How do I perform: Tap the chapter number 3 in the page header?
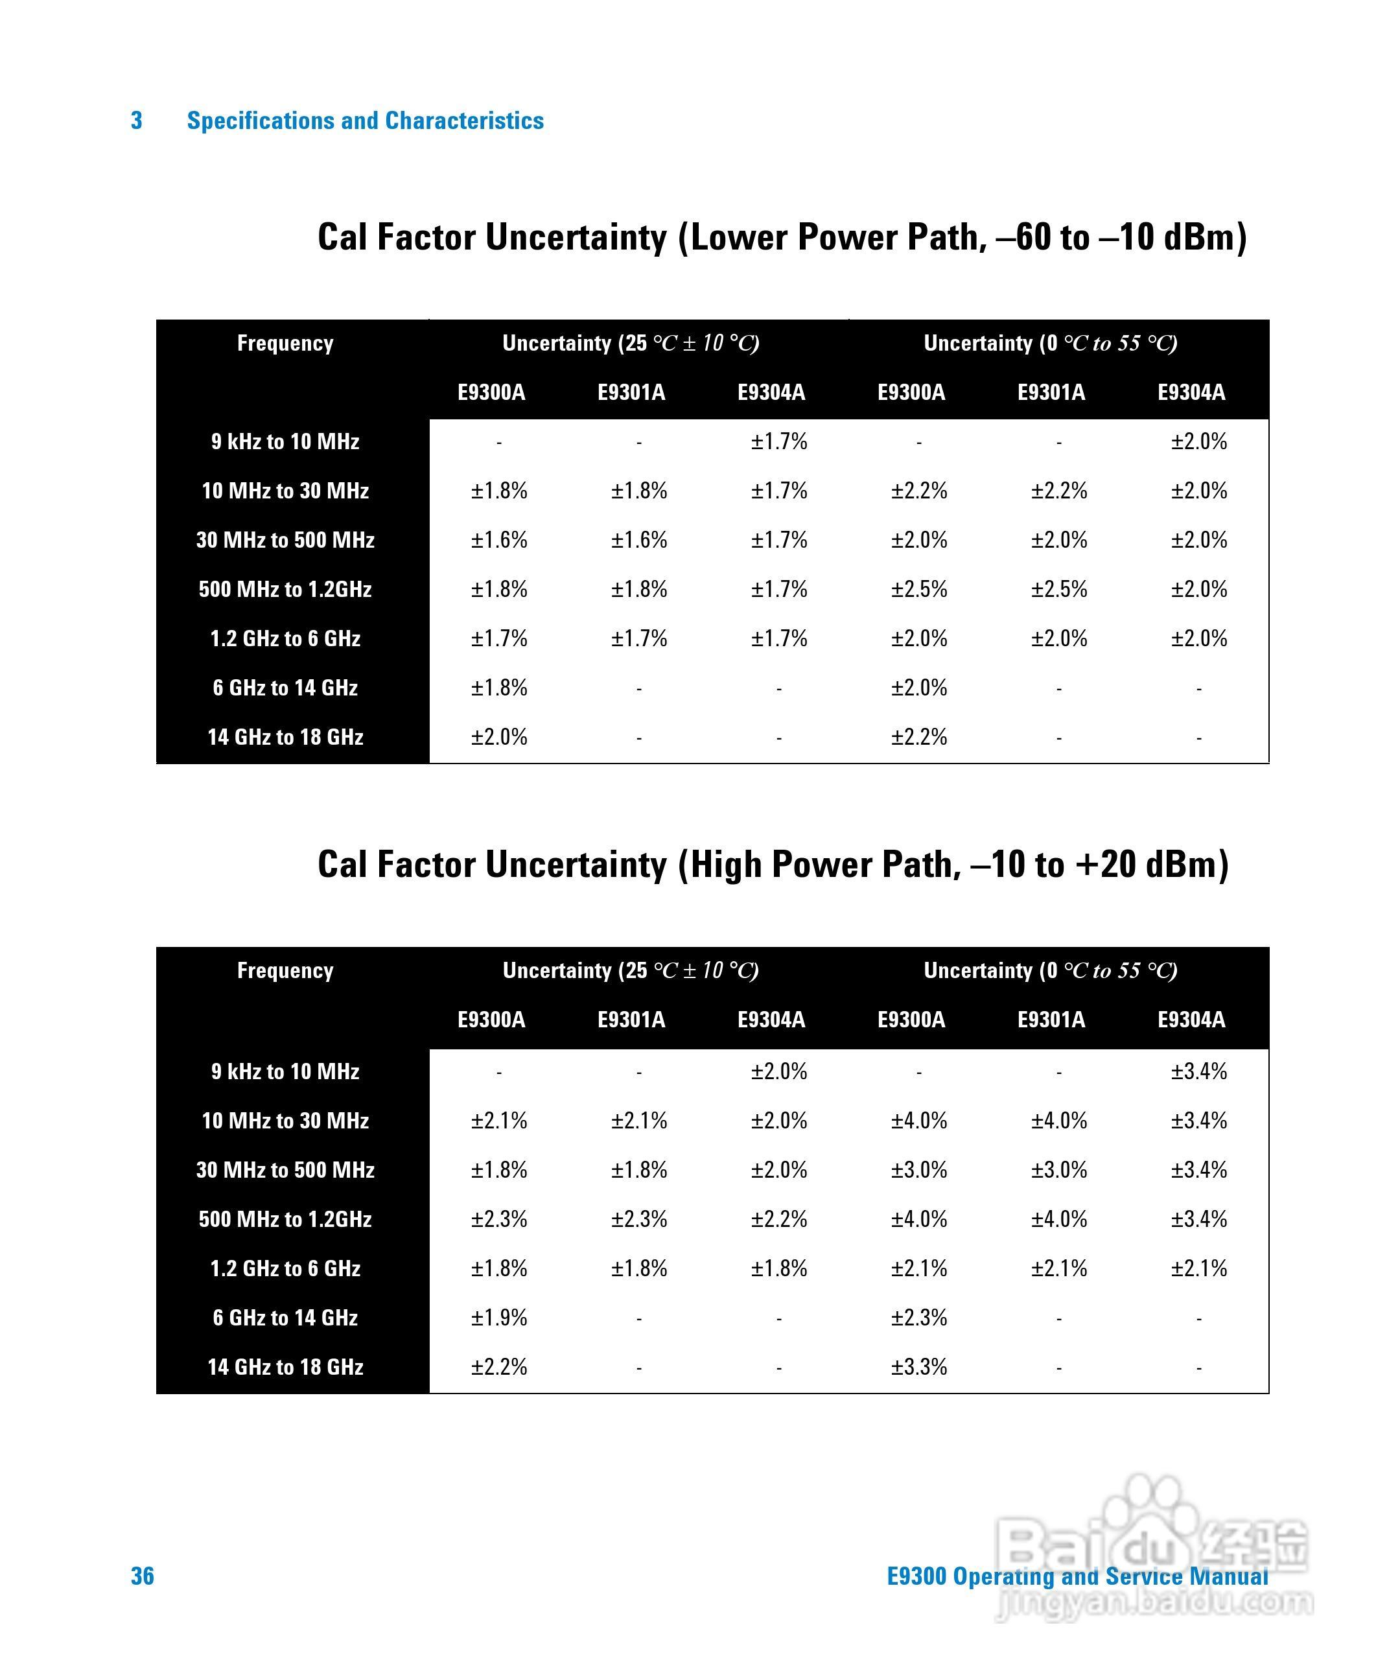(137, 120)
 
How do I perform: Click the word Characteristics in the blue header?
(464, 120)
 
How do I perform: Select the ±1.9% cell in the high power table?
(498, 1317)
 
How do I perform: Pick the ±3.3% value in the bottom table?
(918, 1366)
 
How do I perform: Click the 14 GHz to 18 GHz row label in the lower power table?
(286, 737)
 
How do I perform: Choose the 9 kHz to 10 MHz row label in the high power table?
(286, 1071)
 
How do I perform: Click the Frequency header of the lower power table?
(286, 344)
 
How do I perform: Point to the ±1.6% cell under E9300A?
(498, 540)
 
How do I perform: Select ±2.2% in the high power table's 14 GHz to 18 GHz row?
(498, 1366)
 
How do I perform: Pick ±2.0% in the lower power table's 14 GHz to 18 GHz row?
(498, 737)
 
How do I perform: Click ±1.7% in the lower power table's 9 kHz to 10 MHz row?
(778, 441)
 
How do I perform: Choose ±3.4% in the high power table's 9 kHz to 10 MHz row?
(1198, 1071)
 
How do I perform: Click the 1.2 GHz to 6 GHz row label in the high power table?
(286, 1268)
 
